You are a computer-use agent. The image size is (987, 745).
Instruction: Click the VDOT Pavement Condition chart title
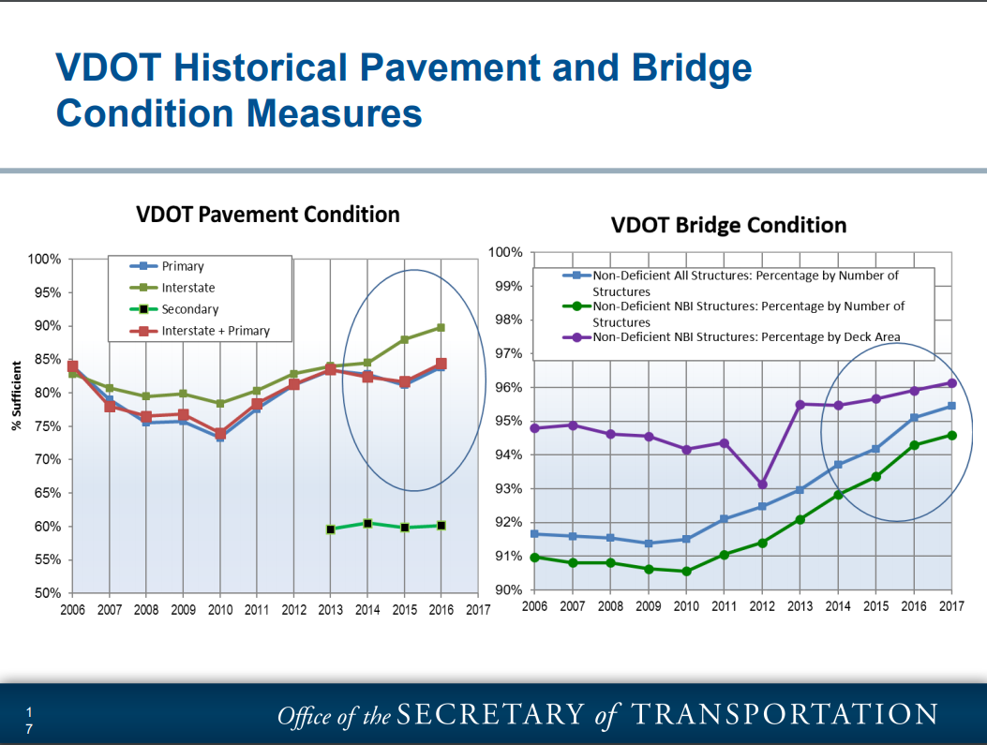tap(268, 215)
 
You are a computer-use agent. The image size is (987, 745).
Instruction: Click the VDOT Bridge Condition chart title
tap(728, 226)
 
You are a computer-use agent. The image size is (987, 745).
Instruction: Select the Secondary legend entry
tap(189, 309)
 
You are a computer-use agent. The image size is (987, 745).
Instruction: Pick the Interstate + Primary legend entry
tap(215, 331)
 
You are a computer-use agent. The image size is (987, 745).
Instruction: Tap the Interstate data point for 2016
tap(441, 327)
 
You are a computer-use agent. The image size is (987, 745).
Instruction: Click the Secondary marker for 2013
tap(331, 529)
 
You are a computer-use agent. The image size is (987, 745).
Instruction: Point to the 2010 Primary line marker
tap(220, 437)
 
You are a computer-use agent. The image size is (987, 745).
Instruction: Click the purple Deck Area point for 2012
tap(762, 484)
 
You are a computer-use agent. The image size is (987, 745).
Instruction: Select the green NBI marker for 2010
tap(686, 572)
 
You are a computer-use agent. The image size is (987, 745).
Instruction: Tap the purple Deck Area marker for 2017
tap(952, 382)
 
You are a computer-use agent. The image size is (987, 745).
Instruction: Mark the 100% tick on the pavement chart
tap(44, 259)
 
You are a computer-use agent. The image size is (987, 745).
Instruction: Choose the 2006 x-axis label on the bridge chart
tap(534, 606)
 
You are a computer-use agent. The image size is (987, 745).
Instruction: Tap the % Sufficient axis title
tap(16, 396)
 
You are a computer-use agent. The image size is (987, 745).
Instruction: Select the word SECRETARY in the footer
tap(490, 715)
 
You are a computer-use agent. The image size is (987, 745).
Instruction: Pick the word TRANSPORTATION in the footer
tap(784, 715)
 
